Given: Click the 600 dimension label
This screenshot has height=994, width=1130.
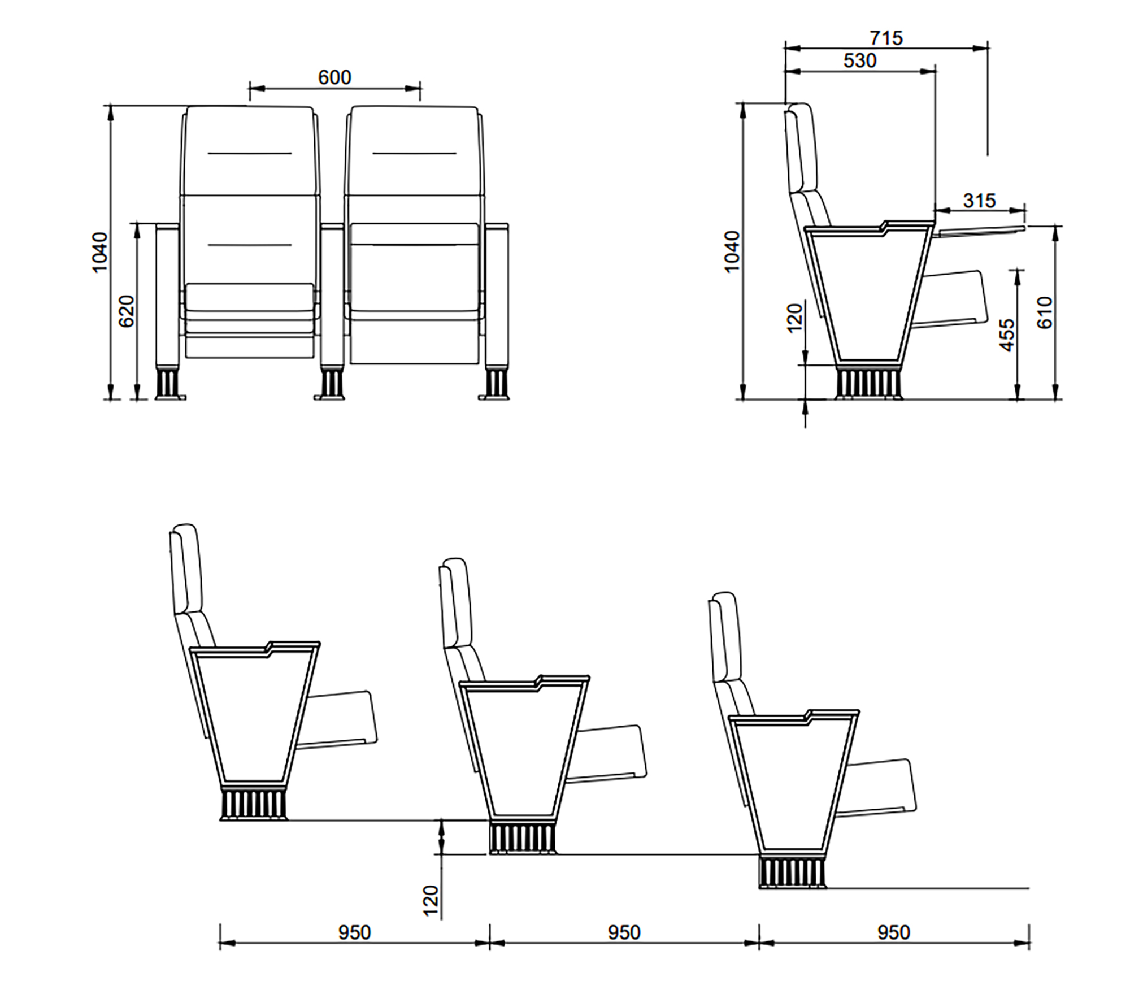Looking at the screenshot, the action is coord(334,77).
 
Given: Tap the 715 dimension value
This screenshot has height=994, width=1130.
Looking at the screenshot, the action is coord(886,38).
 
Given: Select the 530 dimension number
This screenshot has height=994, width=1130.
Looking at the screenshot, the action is coord(860,60).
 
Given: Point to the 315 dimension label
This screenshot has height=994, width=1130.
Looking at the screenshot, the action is coord(980,200).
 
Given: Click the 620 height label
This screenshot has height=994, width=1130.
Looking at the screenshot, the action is coord(127,311).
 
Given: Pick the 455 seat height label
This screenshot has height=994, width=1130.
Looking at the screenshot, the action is coord(1007,335).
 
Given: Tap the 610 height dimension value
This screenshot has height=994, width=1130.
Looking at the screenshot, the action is coord(1045,312).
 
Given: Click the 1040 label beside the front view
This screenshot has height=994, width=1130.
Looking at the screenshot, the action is coord(99,252).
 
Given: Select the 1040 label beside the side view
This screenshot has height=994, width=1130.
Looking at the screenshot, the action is coord(732,251).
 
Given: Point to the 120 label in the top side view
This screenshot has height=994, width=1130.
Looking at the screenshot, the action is coord(794,318).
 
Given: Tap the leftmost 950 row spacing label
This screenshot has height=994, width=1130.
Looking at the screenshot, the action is coord(354,932).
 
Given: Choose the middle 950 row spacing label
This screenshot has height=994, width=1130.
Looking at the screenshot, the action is coord(624,932).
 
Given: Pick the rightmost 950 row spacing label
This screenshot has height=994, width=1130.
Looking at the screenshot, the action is coord(894,932).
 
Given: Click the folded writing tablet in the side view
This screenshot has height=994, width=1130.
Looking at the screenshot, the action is coord(981,229).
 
